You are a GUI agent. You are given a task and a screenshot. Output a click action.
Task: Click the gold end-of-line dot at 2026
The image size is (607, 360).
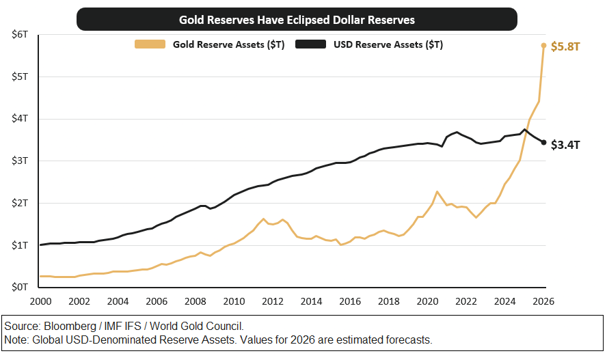(543, 46)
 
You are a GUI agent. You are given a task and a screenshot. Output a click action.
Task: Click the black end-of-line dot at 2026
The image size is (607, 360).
(543, 143)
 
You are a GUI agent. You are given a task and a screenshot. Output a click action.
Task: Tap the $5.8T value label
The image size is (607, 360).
(565, 46)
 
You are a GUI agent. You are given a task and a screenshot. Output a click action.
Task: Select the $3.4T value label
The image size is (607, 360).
(565, 145)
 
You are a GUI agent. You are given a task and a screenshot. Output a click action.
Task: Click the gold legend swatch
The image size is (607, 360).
(150, 44)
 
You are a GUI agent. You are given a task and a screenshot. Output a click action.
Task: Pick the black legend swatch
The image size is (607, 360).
(310, 44)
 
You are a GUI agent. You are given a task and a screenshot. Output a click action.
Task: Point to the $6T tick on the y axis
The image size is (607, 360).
(20, 34)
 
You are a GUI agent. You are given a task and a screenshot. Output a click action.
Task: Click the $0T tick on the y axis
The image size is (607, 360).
(20, 287)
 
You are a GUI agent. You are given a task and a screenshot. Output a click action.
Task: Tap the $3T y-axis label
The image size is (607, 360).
(20, 161)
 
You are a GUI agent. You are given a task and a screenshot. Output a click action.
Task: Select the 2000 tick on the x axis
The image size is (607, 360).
(40, 301)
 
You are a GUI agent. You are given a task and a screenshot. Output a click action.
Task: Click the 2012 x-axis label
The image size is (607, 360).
(273, 301)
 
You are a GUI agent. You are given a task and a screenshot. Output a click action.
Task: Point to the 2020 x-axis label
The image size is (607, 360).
(427, 301)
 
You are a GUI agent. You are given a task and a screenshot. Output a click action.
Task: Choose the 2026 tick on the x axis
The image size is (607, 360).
(543, 301)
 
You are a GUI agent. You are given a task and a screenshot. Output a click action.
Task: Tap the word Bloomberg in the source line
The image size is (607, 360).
(70, 327)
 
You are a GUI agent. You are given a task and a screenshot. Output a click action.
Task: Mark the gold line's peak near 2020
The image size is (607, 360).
(437, 191)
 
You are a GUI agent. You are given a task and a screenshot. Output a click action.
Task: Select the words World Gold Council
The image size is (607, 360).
(197, 327)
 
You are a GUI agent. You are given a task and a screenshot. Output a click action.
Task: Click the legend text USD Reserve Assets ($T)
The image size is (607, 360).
(388, 44)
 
